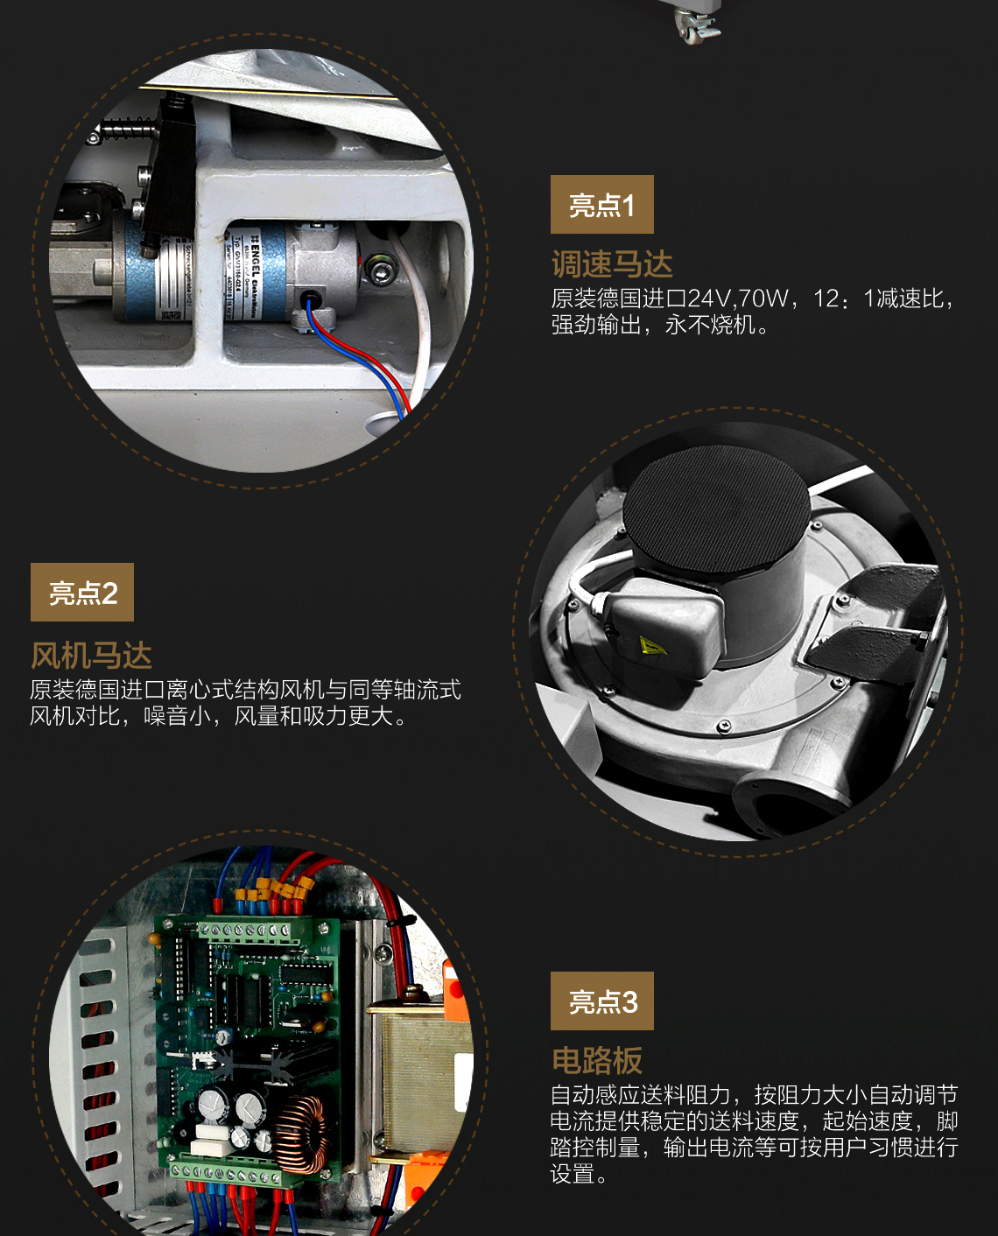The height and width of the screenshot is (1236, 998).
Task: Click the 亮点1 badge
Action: point(601,204)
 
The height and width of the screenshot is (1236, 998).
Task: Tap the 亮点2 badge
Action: point(81,592)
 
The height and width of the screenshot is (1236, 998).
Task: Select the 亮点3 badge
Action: point(601,1001)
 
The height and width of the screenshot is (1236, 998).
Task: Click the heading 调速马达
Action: point(612,264)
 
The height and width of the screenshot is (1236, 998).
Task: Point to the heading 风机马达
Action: point(91,656)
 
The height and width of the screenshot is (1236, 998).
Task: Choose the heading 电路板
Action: point(597,1061)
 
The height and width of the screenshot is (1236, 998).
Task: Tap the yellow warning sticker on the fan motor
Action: point(652,645)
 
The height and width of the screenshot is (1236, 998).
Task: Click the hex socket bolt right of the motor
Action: point(380,270)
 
